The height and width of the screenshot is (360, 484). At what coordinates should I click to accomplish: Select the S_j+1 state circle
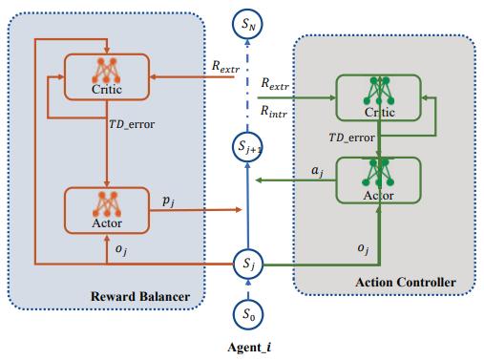(249, 148)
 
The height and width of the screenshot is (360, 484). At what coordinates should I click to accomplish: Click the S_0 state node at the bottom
(249, 313)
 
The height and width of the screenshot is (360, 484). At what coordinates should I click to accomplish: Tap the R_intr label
(277, 112)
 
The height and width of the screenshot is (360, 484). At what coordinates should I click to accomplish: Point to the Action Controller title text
(405, 282)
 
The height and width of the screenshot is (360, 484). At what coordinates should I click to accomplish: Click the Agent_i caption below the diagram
(247, 347)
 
